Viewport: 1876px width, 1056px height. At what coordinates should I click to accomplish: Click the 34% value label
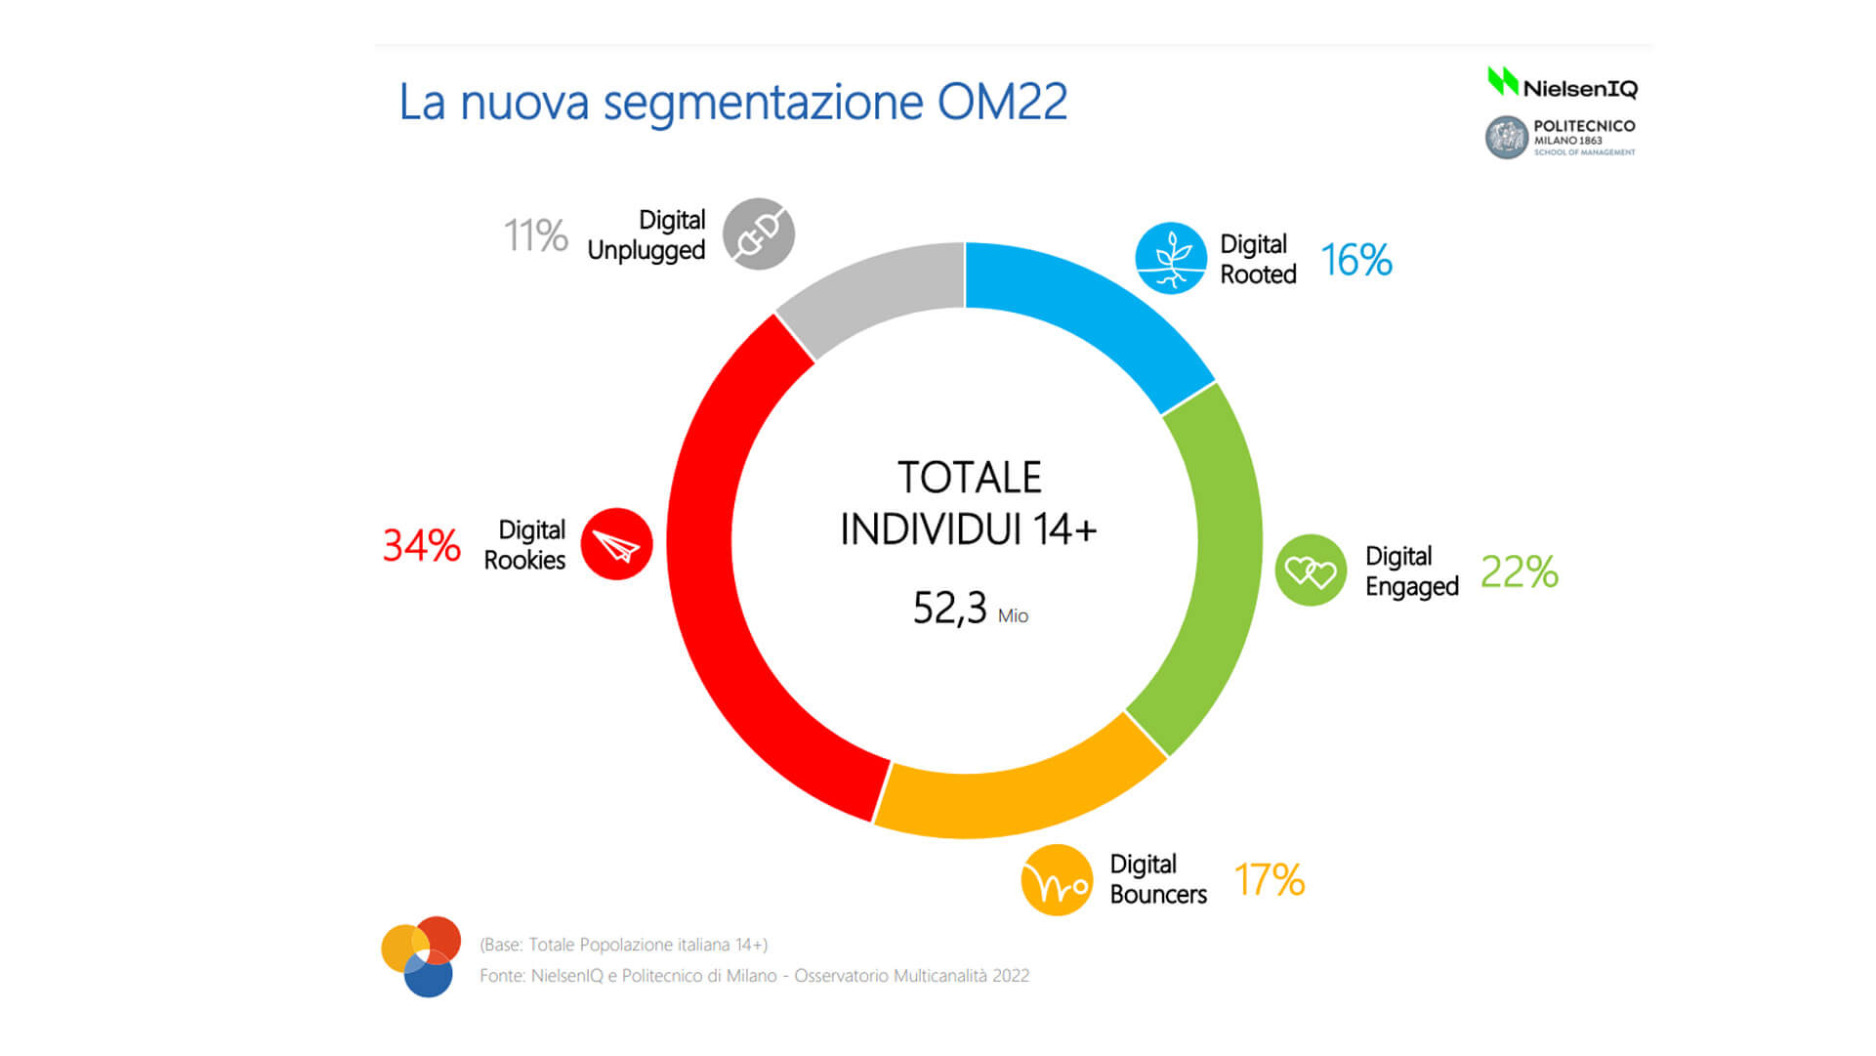pos(421,545)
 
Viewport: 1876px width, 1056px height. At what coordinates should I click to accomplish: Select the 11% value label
pos(535,235)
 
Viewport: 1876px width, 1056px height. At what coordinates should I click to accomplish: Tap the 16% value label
pos(1355,260)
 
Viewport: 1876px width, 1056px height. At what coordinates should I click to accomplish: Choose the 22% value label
pos(1519,571)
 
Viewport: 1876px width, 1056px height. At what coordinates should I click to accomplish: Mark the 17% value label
pos(1269,880)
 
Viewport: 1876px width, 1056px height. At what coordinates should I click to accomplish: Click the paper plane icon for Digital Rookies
pos(616,544)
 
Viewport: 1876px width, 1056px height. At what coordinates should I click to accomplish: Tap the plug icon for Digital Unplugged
pos(759,234)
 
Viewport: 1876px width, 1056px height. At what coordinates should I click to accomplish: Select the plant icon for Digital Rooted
pos(1171,259)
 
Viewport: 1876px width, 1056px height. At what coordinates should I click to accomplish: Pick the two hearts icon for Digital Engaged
pos(1311,570)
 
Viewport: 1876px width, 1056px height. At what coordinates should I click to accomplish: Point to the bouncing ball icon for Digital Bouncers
pos(1057,880)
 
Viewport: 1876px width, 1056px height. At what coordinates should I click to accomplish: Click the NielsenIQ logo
pos(1562,84)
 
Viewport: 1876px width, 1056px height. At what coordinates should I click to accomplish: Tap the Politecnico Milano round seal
pos(1506,138)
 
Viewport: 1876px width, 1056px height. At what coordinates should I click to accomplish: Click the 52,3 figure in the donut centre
pos(950,608)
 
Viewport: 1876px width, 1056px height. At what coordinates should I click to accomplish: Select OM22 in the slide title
pos(1002,102)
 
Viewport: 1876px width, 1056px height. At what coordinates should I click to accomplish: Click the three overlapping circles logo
pos(421,956)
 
